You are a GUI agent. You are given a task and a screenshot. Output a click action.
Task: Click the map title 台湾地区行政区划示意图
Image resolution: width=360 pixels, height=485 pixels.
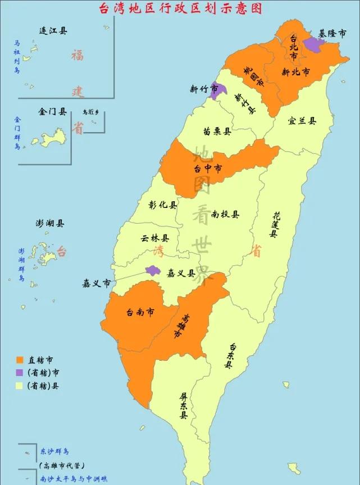pos(180,8)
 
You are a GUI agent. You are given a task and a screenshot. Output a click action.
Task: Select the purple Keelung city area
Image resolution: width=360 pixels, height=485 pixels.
pos(314,45)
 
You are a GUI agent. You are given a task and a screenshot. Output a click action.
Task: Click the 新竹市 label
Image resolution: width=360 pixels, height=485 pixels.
pos(200,88)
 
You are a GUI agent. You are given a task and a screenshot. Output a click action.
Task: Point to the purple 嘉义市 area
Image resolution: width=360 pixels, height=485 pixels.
pos(153,270)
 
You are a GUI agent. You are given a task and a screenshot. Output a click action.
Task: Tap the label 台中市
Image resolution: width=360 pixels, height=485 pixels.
pos(208,167)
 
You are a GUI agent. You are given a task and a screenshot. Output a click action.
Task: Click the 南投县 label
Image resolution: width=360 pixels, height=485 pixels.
pos(226,214)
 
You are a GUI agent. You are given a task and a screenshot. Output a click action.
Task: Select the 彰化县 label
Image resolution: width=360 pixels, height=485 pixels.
pos(163,205)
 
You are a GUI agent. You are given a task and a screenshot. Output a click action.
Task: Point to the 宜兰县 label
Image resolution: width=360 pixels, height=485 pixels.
pos(302,120)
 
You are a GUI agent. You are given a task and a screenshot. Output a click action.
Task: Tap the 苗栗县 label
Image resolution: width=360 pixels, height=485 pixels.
pos(217,131)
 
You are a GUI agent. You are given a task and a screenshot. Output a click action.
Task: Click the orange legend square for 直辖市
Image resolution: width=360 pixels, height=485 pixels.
pos(20,360)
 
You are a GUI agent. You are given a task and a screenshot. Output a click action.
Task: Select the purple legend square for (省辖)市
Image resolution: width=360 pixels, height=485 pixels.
pos(20,373)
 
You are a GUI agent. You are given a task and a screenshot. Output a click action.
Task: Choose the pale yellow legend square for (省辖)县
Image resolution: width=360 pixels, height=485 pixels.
pos(20,386)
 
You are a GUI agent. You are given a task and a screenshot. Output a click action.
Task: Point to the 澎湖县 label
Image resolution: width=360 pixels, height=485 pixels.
pos(50,223)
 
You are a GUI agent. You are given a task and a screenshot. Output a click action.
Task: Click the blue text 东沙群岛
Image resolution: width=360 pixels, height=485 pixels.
pos(54,451)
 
